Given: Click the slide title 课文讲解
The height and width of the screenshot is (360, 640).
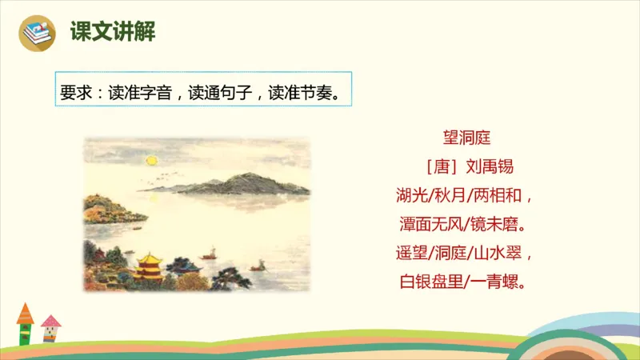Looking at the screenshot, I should (113, 32).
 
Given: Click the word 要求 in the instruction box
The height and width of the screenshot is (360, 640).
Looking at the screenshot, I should (74, 90).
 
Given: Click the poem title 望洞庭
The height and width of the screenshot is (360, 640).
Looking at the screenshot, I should (466, 138).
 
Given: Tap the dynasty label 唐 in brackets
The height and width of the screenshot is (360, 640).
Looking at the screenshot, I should (441, 167).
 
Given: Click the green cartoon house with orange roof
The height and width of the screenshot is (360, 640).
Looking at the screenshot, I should (26, 323).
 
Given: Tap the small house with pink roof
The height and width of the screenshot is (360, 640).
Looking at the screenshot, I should (51, 329).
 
